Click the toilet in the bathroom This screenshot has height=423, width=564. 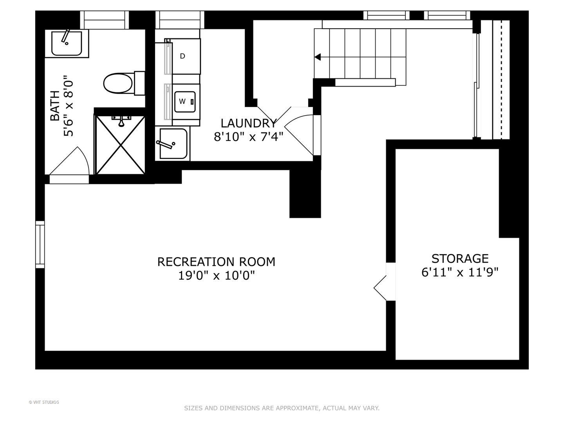point(124,83)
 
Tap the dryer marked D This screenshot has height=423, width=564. point(183,56)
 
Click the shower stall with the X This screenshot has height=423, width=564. point(121,145)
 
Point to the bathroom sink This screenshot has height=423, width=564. point(67,43)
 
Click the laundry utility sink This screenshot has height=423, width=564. point(173,144)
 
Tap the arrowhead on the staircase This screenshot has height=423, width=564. point(318,57)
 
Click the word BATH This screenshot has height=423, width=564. point(55,106)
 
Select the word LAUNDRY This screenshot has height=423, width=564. point(248,123)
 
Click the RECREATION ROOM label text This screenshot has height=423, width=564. point(216,262)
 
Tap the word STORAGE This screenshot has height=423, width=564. point(460,258)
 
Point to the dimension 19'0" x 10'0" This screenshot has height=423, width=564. point(216,276)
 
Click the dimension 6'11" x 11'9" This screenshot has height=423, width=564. point(460,272)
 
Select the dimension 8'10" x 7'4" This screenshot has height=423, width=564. point(248,137)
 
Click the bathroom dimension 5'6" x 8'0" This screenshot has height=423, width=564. point(69,106)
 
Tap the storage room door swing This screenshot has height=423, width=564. point(380,288)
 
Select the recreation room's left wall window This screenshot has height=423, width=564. point(40,244)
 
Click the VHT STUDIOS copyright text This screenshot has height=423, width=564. point(44,402)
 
